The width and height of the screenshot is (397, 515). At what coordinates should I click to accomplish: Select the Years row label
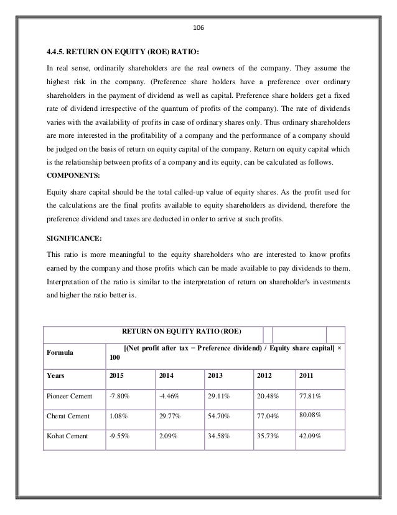point(57,376)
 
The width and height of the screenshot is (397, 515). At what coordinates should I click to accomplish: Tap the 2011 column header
point(306,376)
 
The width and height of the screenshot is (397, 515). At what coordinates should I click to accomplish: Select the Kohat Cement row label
point(65,436)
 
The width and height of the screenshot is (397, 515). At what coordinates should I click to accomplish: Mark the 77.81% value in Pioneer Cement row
point(311,396)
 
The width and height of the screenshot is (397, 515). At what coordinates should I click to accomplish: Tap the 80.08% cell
point(311,415)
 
